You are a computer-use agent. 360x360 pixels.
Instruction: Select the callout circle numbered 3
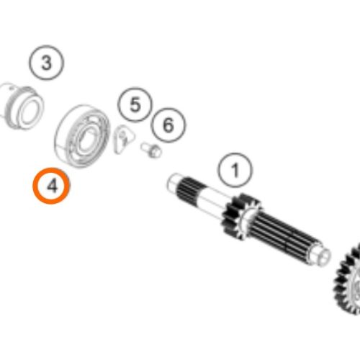(x=47, y=46)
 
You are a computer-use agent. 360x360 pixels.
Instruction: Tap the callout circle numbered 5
(x=135, y=88)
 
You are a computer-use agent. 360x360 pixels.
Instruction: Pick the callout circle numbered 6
(x=168, y=109)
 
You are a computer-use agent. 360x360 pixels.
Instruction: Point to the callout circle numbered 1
(x=235, y=153)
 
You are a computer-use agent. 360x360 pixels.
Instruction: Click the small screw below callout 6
(x=151, y=150)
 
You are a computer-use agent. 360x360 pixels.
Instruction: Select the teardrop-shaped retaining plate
(x=123, y=140)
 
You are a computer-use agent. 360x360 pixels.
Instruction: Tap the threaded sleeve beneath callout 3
(x=22, y=106)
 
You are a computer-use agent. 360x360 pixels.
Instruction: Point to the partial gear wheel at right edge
(x=347, y=279)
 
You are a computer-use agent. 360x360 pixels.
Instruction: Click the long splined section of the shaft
(x=286, y=236)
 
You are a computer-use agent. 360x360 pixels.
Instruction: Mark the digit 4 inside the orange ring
(x=52, y=186)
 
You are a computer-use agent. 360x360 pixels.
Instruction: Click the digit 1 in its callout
(x=235, y=171)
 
